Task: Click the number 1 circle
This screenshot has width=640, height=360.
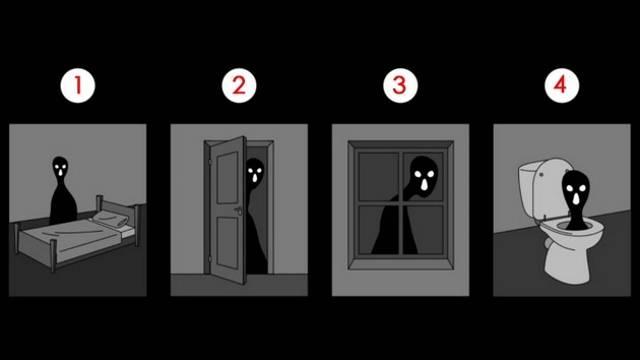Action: (x=78, y=86)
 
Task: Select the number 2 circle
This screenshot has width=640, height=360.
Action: (x=239, y=86)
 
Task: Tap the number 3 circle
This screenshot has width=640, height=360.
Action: (x=400, y=86)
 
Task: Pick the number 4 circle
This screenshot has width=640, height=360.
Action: (x=562, y=86)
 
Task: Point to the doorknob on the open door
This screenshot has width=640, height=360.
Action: (x=238, y=211)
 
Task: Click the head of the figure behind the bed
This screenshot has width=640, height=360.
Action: (x=60, y=167)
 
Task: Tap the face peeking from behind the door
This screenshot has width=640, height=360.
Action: (x=255, y=171)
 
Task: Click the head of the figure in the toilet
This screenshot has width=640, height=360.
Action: (x=576, y=190)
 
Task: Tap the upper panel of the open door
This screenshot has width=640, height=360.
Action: (x=227, y=178)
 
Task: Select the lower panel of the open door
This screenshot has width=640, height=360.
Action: (x=227, y=243)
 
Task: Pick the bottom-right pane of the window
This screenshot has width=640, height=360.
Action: (x=425, y=230)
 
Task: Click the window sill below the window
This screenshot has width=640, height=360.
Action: (x=400, y=264)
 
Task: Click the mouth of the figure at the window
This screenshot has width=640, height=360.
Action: (x=424, y=184)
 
